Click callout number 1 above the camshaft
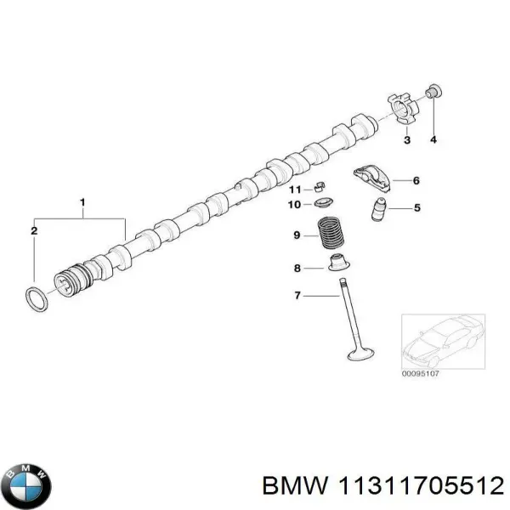pyautogui.click(x=82, y=201)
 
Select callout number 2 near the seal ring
pyautogui.click(x=34, y=230)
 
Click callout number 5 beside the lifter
pyautogui.click(x=417, y=207)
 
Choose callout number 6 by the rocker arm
pyautogui.click(x=416, y=180)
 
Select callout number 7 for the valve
pyautogui.click(x=297, y=296)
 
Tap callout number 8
pyautogui.click(x=297, y=269)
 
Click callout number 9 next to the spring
pyautogui.click(x=297, y=235)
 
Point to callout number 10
pyautogui.click(x=294, y=205)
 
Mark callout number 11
pyautogui.click(x=294, y=189)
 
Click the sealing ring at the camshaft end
pyautogui.click(x=34, y=299)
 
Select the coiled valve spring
pyautogui.click(x=329, y=234)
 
